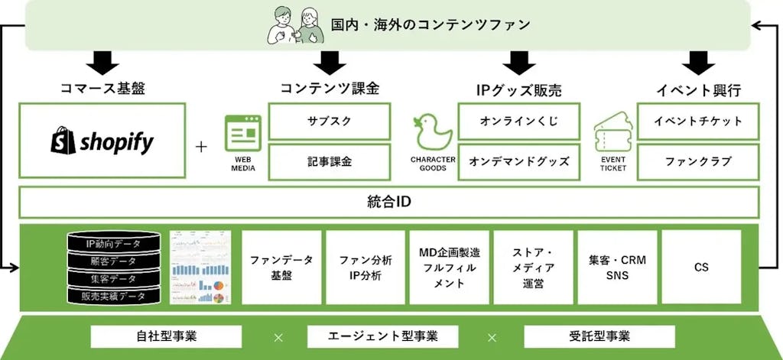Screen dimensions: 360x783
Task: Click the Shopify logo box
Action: [102, 141]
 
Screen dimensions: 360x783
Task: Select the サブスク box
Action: [330, 122]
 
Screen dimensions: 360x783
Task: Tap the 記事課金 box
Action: [330, 161]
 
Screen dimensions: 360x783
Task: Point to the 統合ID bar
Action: [390, 203]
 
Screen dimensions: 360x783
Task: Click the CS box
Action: [700, 267]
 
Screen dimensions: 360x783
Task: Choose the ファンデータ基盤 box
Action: [281, 267]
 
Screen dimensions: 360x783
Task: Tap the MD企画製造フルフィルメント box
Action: [448, 267]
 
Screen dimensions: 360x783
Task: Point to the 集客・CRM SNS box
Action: [616, 267]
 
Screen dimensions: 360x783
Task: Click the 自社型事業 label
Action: [166, 336]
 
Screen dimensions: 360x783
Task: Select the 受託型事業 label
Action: [599, 336]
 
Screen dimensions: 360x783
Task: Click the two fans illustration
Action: [294, 24]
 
